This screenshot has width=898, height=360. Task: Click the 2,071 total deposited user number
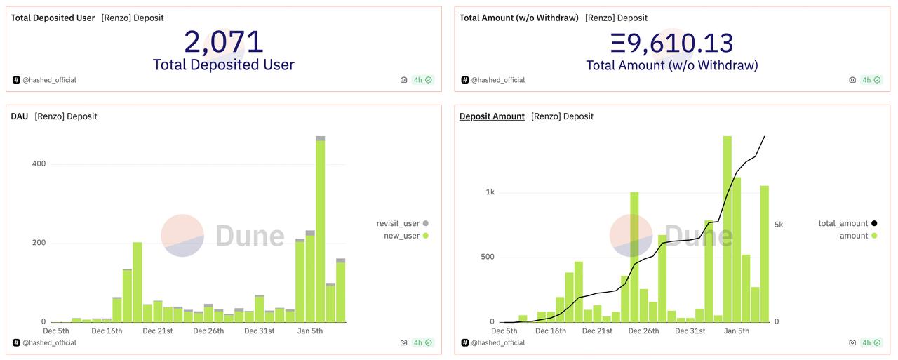[223, 42]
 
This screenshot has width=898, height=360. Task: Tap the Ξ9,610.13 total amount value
[671, 43]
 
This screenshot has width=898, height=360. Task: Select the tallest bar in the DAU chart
[320, 232]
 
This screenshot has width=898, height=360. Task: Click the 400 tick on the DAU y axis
[39, 164]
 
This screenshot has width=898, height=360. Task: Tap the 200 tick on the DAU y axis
[39, 243]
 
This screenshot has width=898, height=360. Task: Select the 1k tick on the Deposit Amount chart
[490, 192]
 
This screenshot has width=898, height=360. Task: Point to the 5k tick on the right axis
[778, 225]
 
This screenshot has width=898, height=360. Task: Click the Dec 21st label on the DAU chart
[157, 331]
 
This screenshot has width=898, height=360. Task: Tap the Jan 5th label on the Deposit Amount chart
[736, 331]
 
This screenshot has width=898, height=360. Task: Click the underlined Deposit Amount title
[492, 116]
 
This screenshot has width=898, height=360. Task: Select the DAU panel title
[20, 116]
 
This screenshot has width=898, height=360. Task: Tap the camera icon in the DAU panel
[403, 342]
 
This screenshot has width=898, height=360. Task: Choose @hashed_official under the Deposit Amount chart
[497, 342]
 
